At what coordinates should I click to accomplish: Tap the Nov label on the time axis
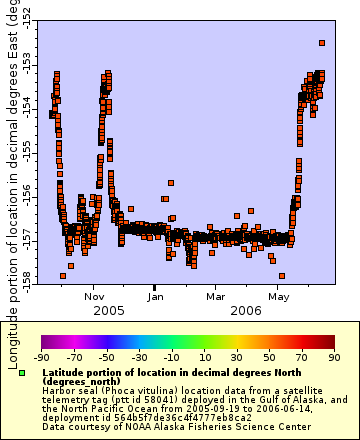[95, 296]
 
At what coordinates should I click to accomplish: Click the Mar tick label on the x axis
[216, 296]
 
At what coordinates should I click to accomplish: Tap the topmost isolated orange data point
[322, 43]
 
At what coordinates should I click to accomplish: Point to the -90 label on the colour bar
[42, 355]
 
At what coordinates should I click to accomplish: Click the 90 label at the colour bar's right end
[332, 355]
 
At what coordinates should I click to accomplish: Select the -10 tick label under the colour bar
[172, 355]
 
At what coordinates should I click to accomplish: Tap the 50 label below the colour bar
[270, 355]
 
